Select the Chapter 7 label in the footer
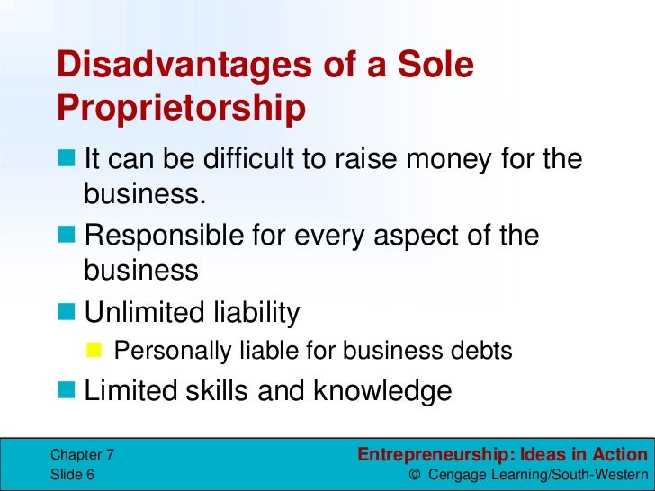click(83, 455)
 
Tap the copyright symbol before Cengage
click(415, 474)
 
